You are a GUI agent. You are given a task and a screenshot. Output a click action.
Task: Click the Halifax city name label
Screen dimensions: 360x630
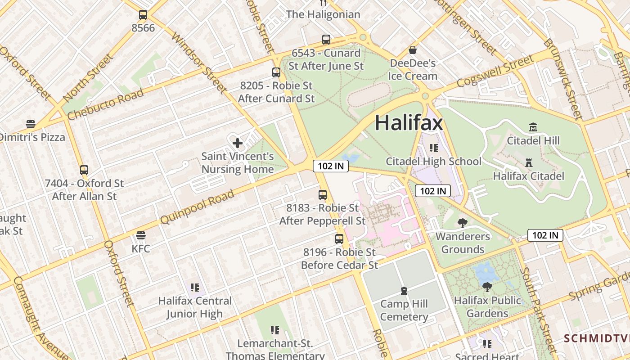coord(409,123)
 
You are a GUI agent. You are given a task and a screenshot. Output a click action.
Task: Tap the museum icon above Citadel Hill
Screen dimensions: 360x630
coord(533,127)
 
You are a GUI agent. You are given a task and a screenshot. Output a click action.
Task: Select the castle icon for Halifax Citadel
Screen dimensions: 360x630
coord(529,162)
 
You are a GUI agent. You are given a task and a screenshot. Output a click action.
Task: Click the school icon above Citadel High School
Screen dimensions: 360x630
coord(433,148)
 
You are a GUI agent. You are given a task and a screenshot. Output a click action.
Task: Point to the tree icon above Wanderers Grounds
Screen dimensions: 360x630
coord(462,223)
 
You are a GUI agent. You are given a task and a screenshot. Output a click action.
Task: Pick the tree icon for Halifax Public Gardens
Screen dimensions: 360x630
coord(487,287)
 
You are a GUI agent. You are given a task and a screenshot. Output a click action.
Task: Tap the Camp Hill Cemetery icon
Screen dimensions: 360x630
coord(404,291)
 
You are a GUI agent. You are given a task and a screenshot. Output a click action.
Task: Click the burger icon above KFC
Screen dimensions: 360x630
coord(141,235)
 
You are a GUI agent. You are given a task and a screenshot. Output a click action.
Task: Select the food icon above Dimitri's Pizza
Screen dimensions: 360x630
coord(31,124)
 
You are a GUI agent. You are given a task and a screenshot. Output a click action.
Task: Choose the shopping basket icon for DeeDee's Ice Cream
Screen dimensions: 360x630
coord(413,50)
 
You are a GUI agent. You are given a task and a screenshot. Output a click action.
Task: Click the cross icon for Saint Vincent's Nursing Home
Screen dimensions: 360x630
coord(238,143)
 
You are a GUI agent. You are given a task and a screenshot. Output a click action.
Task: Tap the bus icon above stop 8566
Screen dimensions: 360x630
coord(143,15)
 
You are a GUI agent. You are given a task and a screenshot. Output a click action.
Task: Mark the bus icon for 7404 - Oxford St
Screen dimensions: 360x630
coord(84,170)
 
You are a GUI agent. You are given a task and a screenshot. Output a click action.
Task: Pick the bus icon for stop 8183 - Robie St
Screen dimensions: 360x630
coord(323,195)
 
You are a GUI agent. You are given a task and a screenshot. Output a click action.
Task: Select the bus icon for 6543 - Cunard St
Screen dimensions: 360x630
coord(326,40)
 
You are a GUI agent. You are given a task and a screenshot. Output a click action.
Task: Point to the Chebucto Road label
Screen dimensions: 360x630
coord(105,104)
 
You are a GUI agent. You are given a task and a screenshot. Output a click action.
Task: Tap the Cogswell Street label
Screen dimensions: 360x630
coord(495,71)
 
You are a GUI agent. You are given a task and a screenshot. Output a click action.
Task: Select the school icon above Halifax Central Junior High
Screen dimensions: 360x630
coord(194,287)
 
